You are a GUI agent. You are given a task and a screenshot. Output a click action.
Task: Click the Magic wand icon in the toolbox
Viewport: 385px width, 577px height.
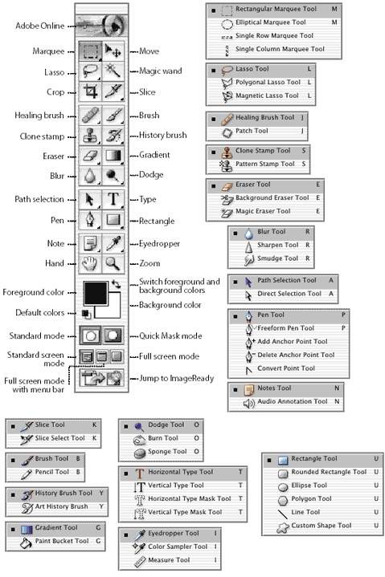113,71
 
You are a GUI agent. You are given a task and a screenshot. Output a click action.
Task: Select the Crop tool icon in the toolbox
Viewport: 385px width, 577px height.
90,91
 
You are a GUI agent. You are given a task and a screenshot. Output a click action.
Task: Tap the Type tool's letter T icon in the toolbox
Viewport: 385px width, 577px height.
113,199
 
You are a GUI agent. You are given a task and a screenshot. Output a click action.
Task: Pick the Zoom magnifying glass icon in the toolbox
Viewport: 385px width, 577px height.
113,263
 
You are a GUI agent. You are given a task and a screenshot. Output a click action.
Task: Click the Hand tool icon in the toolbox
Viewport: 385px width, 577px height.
90,263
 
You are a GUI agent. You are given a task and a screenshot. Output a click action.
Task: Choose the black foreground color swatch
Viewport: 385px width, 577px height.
96,293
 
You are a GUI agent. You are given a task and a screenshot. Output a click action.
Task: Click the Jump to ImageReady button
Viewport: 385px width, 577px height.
101,378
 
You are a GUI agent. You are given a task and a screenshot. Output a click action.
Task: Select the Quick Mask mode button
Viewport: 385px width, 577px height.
113,335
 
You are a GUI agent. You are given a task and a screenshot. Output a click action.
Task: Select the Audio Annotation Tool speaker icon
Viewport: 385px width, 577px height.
249,404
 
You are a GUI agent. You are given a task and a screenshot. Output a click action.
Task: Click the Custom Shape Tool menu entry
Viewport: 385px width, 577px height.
322,526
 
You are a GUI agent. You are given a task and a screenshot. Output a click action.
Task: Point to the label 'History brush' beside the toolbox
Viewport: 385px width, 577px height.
162,135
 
